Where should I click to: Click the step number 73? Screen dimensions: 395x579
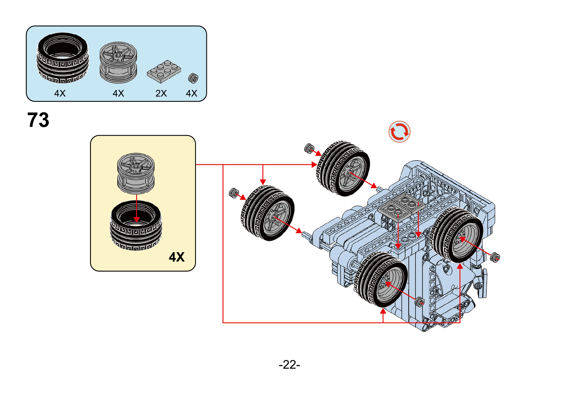pos(38,120)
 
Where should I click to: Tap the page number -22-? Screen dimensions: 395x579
pos(289,364)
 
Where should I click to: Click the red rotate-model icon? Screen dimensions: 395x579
pos(399,131)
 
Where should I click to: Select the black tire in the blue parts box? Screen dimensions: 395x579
pos(63,58)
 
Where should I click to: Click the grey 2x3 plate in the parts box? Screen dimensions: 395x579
pos(164,71)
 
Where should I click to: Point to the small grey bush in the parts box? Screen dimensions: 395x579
pos(193,78)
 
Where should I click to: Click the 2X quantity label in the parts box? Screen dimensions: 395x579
pos(161,93)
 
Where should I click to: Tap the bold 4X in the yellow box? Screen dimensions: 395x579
pos(177,257)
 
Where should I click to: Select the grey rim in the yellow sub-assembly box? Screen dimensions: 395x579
pos(136,173)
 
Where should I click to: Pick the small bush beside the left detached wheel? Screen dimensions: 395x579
pos(234,193)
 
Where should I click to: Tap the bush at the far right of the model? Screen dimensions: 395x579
pos(495,258)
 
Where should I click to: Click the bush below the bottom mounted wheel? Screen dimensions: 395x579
pos(419,302)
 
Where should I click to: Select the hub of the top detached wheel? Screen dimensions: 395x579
pos(349,173)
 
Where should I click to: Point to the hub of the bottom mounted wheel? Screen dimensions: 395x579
pos(386,283)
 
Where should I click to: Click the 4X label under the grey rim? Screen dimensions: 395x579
pos(118,93)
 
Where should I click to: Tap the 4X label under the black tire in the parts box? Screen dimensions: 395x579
pos(60,93)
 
